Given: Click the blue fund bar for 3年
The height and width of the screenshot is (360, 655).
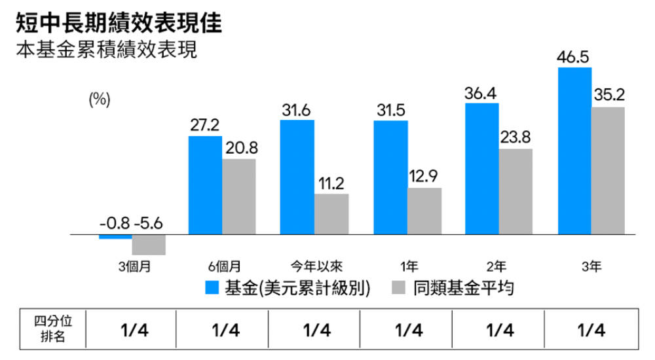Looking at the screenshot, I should (574, 151).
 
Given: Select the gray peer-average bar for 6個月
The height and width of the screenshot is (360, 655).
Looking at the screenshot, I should (239, 196).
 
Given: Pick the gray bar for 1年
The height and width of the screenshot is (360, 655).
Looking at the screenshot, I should (424, 211).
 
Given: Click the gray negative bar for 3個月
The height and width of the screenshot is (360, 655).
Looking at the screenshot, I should (149, 245).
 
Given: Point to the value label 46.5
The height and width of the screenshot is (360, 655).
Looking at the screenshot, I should (573, 57).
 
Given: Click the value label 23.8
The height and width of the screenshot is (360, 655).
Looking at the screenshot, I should (515, 138).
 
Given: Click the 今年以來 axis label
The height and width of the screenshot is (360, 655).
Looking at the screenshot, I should (317, 266).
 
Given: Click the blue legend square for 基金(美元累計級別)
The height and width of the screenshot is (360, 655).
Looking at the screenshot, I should (212, 288).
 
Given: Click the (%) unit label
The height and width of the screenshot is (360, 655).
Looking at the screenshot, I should (100, 99).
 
